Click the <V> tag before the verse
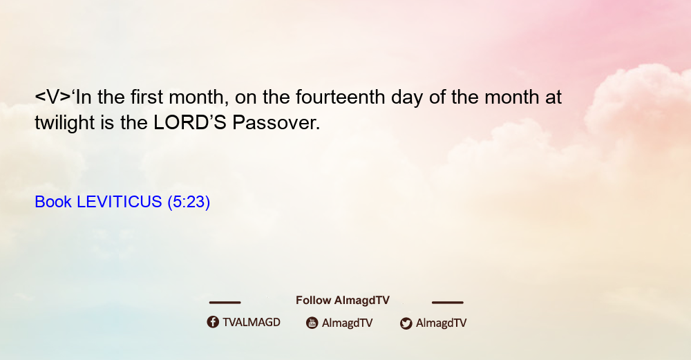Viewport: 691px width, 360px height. (x=53, y=97)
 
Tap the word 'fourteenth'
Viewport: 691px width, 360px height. (x=340, y=97)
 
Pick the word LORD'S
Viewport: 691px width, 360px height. (x=190, y=123)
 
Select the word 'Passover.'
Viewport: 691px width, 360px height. (x=276, y=123)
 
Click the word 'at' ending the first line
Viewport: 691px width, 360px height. (x=553, y=97)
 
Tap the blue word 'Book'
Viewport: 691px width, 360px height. (x=53, y=202)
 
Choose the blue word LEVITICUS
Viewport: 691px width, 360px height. (x=120, y=202)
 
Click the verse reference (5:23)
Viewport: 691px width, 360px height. (x=189, y=202)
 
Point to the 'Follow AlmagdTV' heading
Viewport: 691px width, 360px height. (x=343, y=301)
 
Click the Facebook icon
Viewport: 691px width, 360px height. (x=213, y=322)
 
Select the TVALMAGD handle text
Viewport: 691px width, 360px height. (x=252, y=323)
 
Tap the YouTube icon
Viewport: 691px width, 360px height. (x=312, y=323)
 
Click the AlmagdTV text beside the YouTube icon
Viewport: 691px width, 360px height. (x=348, y=323)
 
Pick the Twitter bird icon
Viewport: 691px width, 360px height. (x=406, y=323)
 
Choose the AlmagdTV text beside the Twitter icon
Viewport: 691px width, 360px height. (x=441, y=323)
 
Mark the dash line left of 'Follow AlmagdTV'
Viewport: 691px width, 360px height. (x=225, y=303)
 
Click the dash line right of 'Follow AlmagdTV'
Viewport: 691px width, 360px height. (x=448, y=303)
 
